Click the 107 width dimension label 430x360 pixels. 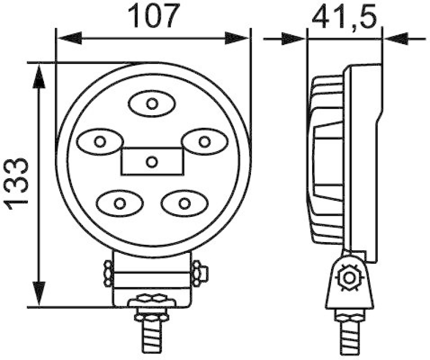(x=154, y=17)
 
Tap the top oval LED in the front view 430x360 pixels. (x=152, y=103)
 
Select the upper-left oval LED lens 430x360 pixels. (x=99, y=142)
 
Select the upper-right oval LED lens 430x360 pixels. (x=203, y=142)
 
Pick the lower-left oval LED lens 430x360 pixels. (x=120, y=203)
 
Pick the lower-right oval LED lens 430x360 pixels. (x=184, y=203)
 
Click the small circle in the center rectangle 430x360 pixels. (x=152, y=161)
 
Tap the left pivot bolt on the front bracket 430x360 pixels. (x=107, y=273)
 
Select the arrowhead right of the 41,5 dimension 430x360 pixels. (x=396, y=38)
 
